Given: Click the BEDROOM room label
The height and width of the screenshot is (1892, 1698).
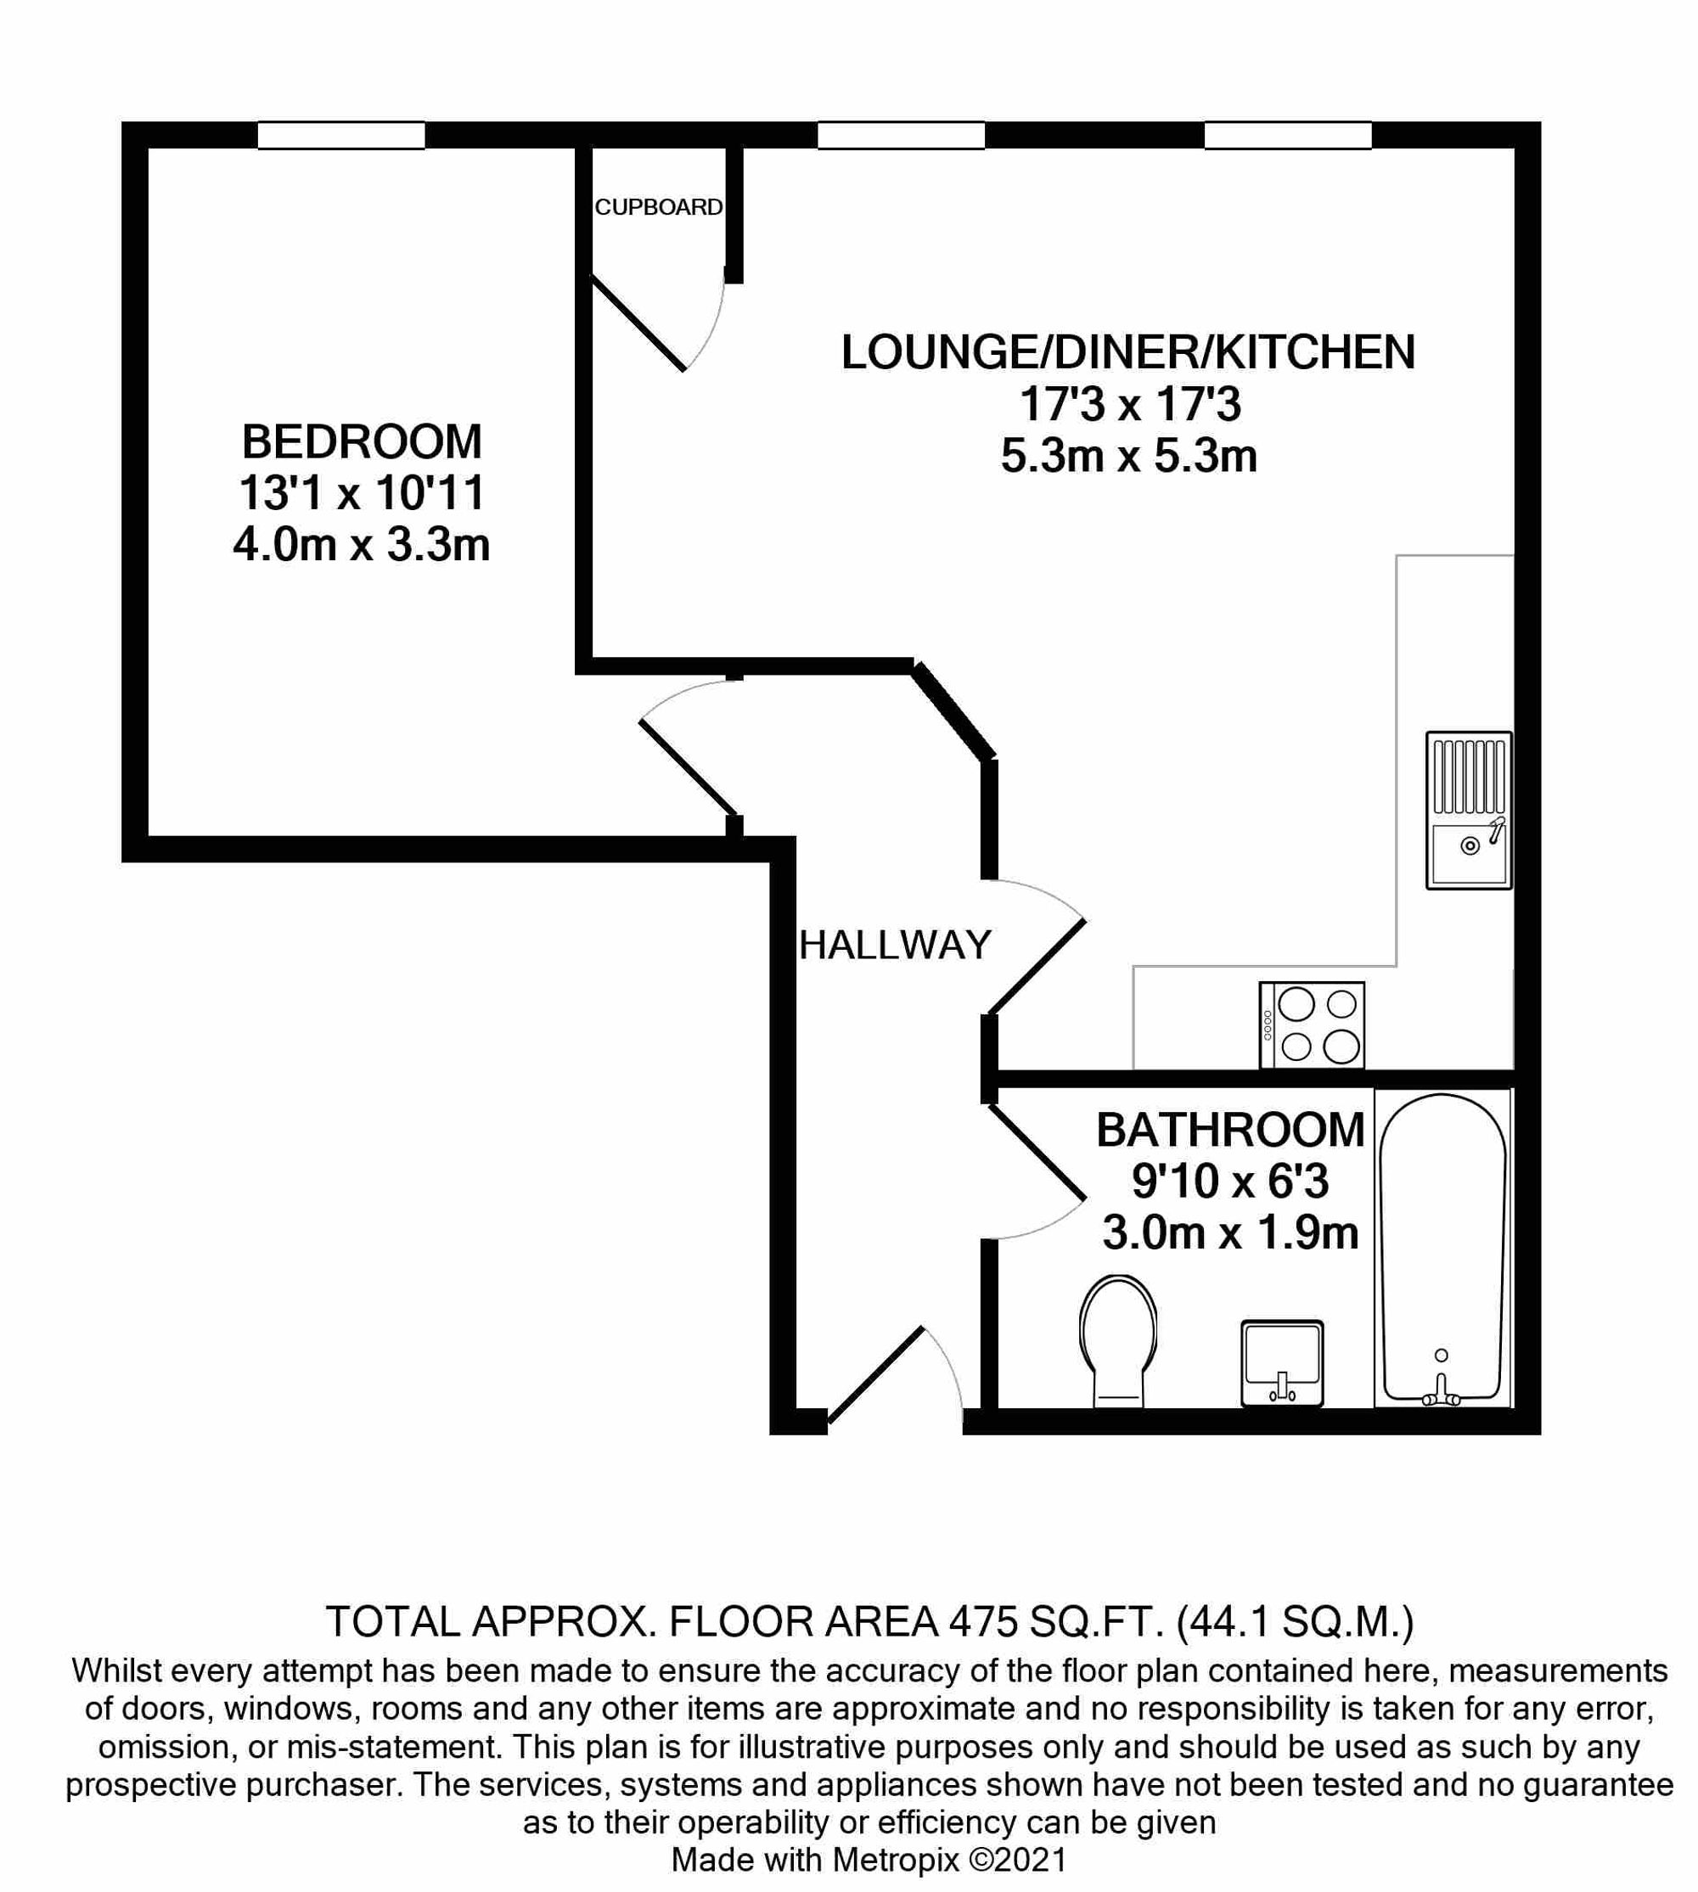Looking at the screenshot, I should coord(362,442).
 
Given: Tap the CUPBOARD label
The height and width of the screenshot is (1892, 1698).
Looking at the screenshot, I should coord(659,207).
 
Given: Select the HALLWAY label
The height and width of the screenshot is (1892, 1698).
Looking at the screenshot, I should coord(895,946).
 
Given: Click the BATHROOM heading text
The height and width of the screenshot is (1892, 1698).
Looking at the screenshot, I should coord(1229,1131).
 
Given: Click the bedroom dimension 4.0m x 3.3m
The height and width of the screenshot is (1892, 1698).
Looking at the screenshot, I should coord(362,545).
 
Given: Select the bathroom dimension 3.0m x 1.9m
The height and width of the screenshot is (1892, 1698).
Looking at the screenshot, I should coord(1229,1233).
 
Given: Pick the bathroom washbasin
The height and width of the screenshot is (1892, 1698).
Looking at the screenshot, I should coord(1282,1361).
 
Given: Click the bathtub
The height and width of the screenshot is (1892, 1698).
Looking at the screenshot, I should coord(1442,1250).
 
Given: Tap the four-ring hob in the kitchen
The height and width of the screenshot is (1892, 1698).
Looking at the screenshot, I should coord(1312,1025).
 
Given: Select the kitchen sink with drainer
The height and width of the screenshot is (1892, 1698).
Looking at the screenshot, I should coord(1469,810).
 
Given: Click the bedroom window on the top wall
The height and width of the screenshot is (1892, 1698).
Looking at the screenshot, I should coord(341,135).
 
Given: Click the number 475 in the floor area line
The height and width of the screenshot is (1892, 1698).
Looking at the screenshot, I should coord(983,1621).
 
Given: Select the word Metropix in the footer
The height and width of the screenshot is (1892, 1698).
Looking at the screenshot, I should coord(895,1860).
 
